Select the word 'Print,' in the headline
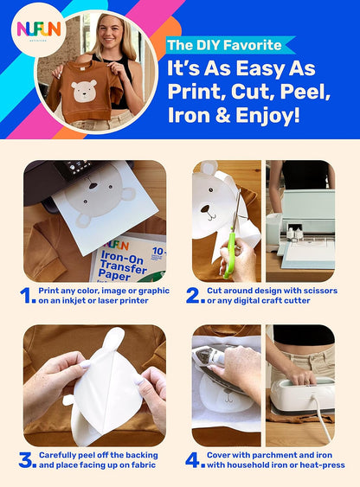click(x=200, y=91)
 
